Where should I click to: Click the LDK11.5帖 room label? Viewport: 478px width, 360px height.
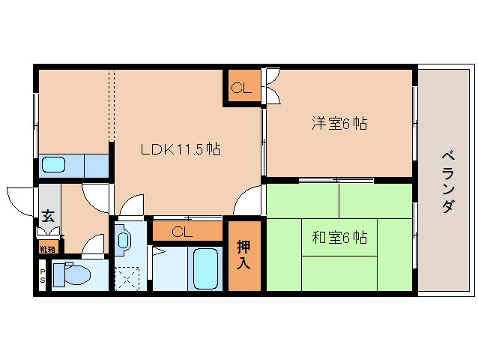[x=181, y=148]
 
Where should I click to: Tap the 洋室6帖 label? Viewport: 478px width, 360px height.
[x=339, y=124]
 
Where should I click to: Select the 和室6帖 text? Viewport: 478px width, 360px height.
[x=339, y=238]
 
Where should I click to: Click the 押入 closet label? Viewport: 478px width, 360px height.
[x=244, y=255]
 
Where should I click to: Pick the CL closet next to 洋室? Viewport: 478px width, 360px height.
[x=240, y=88]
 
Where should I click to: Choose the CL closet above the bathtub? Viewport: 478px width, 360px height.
[x=182, y=232]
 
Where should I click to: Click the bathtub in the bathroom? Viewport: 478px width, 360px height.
[x=204, y=268]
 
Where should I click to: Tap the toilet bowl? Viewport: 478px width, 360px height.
[x=72, y=274]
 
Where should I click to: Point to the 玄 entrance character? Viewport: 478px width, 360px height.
[x=47, y=216]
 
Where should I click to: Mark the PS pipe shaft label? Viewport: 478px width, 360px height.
[x=43, y=276]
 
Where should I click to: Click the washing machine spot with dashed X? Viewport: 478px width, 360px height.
[x=127, y=280]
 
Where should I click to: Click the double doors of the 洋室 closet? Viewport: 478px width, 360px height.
[x=271, y=85]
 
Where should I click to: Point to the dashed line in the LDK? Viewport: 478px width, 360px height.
[x=111, y=105]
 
